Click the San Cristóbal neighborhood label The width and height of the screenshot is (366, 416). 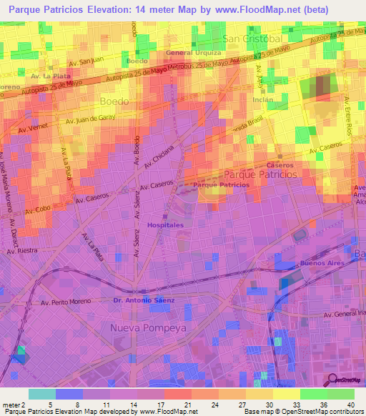click(252, 38)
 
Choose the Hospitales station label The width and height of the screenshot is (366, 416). click(165, 224)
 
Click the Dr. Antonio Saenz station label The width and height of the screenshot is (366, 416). click(144, 300)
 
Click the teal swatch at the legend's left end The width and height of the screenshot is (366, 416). click(42, 393)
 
